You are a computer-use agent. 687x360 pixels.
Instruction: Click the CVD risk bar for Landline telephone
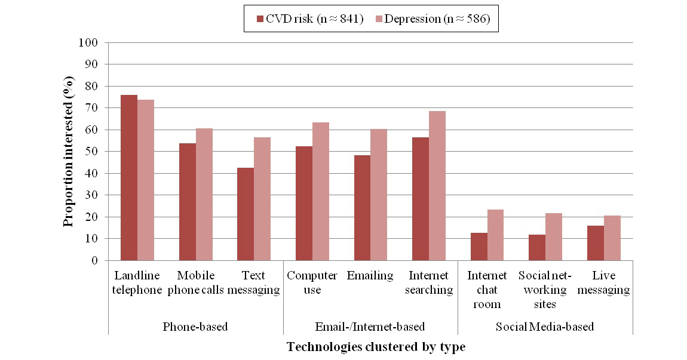128,178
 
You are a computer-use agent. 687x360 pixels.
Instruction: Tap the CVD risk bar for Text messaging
246,214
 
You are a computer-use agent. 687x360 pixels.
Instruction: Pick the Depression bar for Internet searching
437,186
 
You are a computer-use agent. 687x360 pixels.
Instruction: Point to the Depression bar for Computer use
320,192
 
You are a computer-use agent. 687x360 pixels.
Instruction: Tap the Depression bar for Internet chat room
495,235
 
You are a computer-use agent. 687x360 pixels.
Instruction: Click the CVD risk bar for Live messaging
596,243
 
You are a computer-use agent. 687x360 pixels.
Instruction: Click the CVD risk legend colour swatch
259,19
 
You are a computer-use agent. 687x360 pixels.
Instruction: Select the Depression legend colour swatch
379,19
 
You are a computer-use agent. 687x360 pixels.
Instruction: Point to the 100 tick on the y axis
90,43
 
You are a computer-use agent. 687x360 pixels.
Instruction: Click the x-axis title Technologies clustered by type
376,347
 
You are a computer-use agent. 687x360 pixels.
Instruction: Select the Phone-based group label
195,327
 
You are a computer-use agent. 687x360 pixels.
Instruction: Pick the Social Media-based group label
545,327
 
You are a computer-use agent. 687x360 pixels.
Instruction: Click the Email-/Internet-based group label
370,327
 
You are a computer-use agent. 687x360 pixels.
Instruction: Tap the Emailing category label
370,276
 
